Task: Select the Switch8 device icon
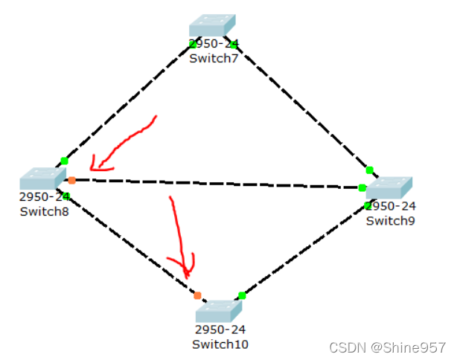click(x=42, y=179)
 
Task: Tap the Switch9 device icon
click(x=389, y=187)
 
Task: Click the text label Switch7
click(x=213, y=58)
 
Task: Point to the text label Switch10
click(x=220, y=344)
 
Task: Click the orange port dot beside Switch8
click(x=71, y=180)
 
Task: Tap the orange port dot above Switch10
click(x=197, y=295)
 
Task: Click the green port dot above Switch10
click(x=242, y=295)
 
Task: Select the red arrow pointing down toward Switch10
click(x=180, y=238)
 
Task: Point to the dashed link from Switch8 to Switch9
click(x=216, y=183)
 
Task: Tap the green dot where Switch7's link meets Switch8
click(x=65, y=161)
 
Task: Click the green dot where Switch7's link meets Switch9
click(x=369, y=170)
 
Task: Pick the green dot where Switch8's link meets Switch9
click(x=362, y=187)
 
